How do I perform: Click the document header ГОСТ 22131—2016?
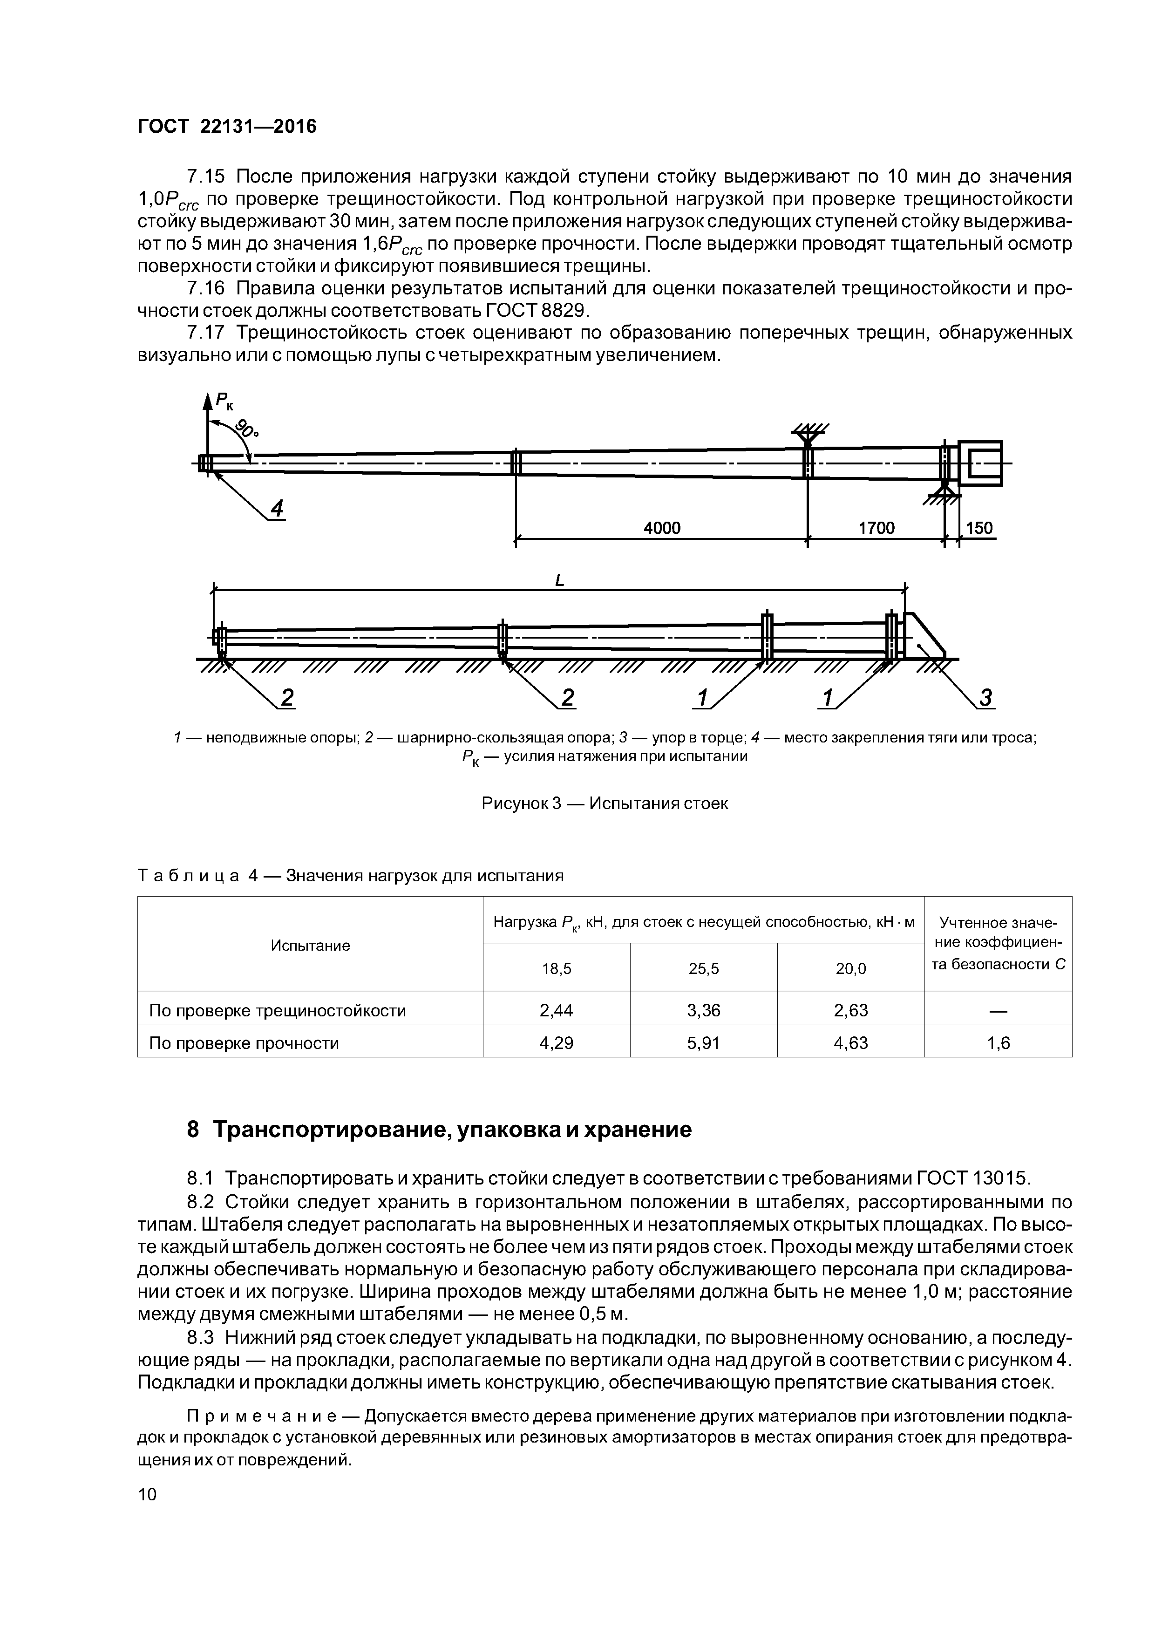[226, 127]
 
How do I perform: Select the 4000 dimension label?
[661, 528]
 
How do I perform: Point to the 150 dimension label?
[979, 528]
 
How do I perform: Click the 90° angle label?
[247, 429]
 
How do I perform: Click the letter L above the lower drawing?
[559, 581]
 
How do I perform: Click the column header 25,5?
[704, 968]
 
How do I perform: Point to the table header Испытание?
[310, 945]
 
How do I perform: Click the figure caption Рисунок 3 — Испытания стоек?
[605, 803]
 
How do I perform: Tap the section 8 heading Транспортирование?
[439, 1130]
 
